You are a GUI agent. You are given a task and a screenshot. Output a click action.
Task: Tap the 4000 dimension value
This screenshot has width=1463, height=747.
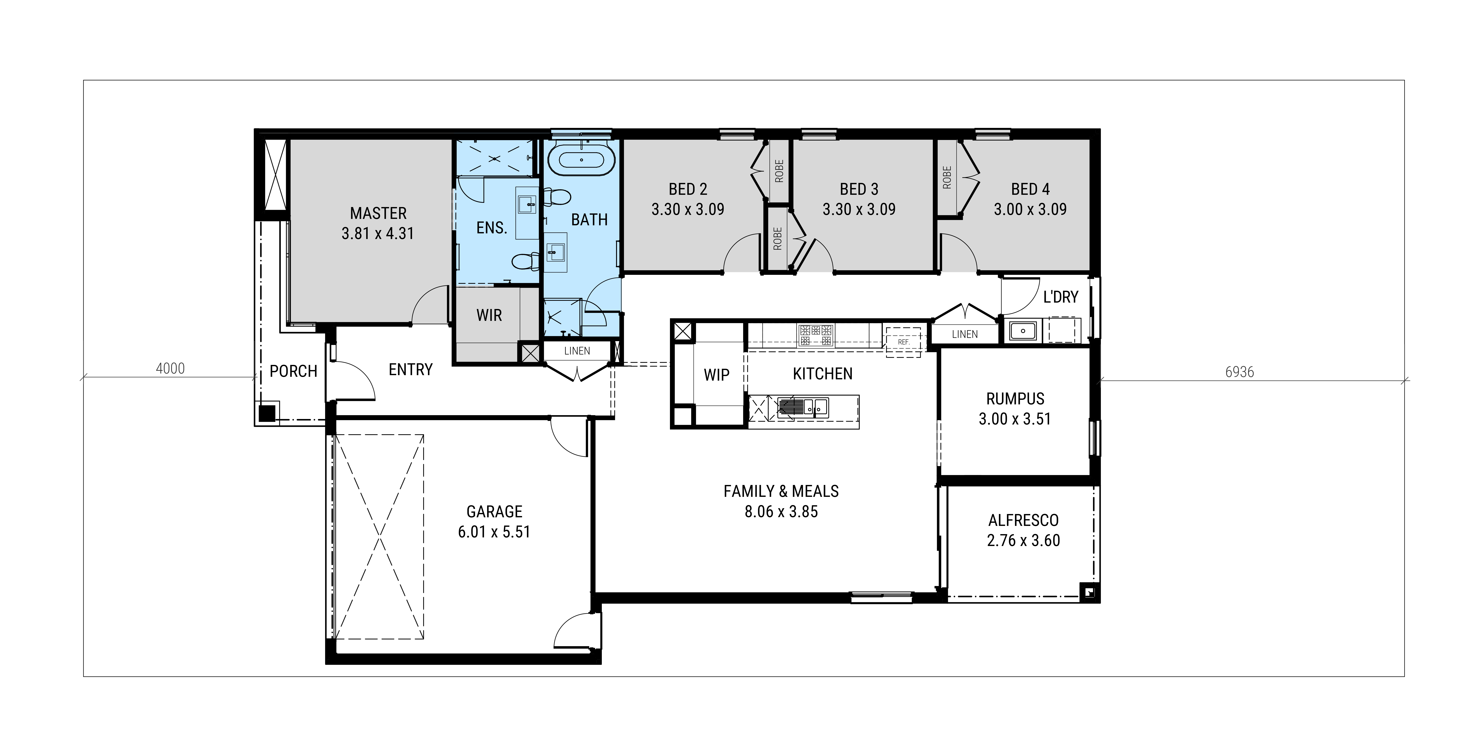pyautogui.click(x=170, y=369)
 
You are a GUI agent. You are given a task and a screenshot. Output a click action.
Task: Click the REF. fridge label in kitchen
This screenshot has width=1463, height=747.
pyautogui.click(x=904, y=342)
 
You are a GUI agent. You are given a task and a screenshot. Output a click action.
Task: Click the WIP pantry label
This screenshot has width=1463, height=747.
pyautogui.click(x=717, y=375)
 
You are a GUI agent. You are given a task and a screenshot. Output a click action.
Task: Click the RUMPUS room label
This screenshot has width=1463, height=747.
pyautogui.click(x=1016, y=399)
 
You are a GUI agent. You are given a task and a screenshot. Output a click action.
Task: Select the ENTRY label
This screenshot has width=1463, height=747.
pyautogui.click(x=411, y=370)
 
